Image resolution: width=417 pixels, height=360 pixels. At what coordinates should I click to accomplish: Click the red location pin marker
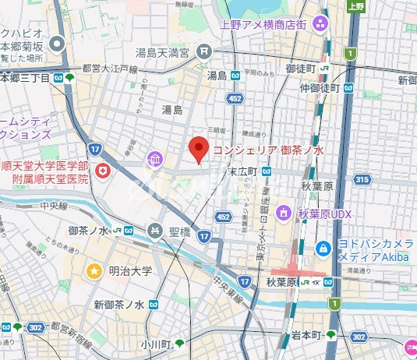click(200, 149)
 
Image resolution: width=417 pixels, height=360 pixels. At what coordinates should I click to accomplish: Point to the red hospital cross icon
click(101, 171)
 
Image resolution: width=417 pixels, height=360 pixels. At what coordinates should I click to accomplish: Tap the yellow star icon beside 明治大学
click(94, 271)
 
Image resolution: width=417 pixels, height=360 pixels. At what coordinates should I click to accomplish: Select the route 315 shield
click(361, 180)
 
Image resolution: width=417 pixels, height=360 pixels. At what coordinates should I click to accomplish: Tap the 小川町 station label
click(155, 343)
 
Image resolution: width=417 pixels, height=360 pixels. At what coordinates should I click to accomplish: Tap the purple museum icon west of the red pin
click(155, 160)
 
